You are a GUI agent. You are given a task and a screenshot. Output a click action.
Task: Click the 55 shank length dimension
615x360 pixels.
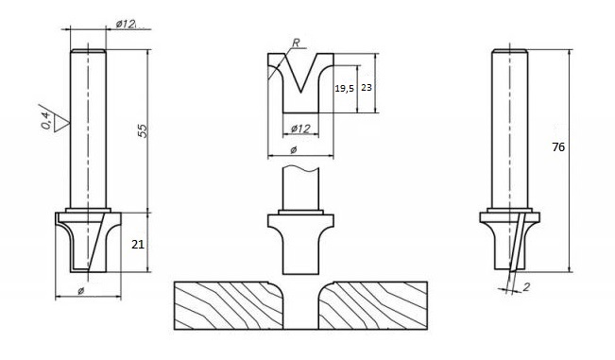click(143, 130)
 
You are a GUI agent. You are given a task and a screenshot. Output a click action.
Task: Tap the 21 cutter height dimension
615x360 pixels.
click(138, 245)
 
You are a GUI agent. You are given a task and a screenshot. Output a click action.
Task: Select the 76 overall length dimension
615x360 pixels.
click(558, 147)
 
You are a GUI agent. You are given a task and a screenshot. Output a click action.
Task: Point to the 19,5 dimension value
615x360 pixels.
click(344, 89)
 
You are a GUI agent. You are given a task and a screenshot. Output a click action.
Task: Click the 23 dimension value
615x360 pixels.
click(366, 88)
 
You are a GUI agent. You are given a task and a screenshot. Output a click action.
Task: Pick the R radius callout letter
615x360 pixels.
click(296, 43)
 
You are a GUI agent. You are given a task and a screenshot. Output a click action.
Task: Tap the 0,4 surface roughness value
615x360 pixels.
click(46, 120)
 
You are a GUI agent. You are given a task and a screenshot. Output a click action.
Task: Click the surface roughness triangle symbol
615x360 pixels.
click(61, 123)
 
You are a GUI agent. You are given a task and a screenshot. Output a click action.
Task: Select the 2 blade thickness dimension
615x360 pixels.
click(526, 287)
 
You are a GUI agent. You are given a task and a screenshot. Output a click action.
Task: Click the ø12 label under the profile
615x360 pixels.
click(300, 129)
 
